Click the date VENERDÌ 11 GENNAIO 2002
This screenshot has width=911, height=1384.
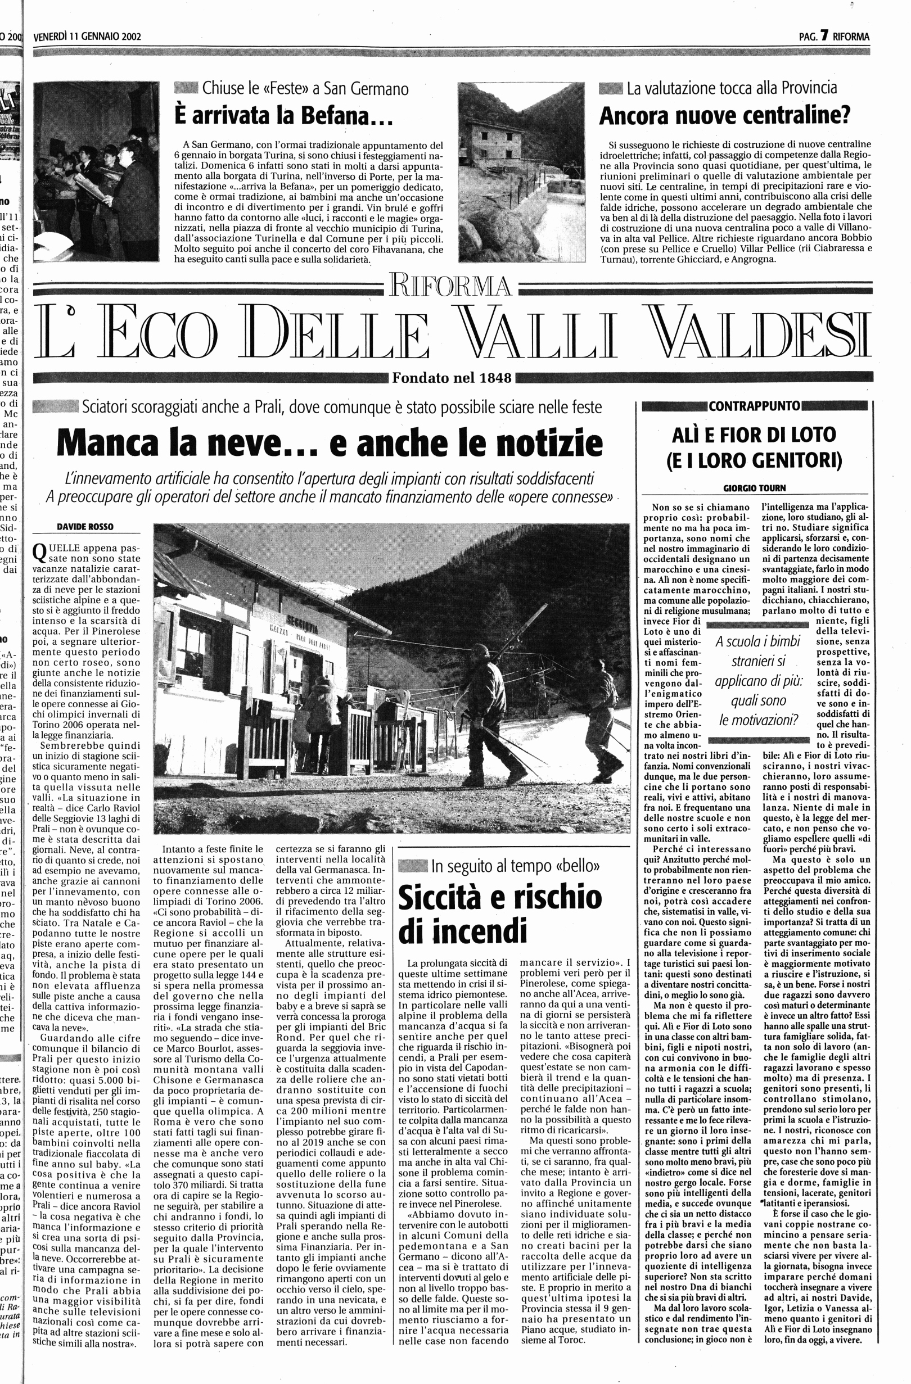[x=87, y=37]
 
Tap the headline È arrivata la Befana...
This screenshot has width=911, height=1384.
[x=284, y=116]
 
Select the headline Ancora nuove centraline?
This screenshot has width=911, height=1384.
[x=724, y=116]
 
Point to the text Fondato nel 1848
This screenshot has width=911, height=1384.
[x=452, y=378]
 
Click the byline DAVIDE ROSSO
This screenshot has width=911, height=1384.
[x=85, y=526]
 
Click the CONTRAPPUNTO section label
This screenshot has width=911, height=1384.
[x=754, y=405]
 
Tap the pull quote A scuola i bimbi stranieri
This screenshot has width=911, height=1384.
[x=757, y=681]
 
